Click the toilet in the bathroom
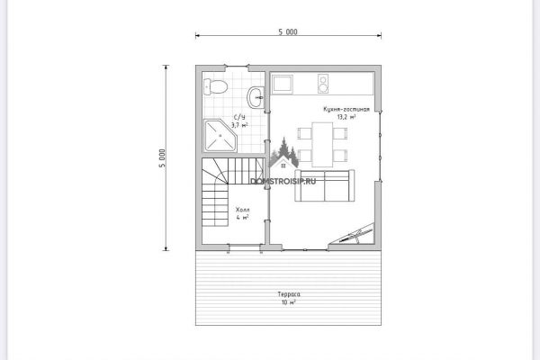pos(215,86)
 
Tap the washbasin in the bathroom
pos(256,97)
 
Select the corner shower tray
pos(220,136)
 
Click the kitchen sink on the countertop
pos(282,85)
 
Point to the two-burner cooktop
pos(323,84)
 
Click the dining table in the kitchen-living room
pos(322,144)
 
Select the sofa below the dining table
pos(324,185)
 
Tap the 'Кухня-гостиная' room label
pos(346,109)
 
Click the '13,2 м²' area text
pos(346,117)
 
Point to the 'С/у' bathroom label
pos(239,117)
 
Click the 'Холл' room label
pos(242,210)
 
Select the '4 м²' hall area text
pos(242,218)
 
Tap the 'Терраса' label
pos(289,294)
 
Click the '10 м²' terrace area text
pos(289,302)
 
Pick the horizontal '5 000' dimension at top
pos(288,32)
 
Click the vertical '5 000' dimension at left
pos(162,158)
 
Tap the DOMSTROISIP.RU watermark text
pos(283,181)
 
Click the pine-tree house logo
pos(283,154)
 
